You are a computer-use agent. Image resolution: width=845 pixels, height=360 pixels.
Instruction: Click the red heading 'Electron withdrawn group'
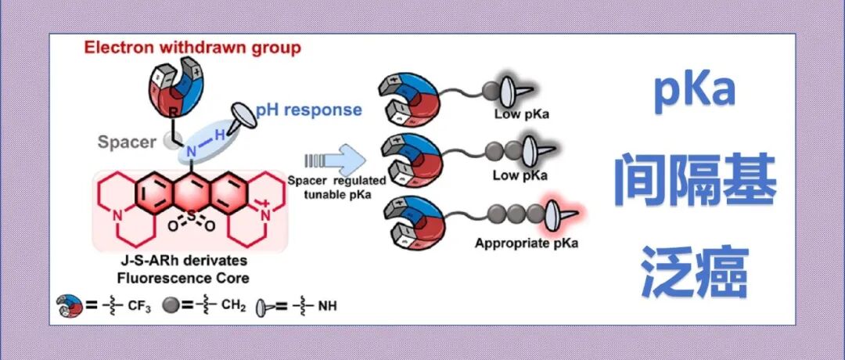click(x=192, y=49)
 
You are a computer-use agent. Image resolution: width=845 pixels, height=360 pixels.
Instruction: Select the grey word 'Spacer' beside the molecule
click(x=127, y=142)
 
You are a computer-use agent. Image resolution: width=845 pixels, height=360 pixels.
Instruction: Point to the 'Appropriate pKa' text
click(x=527, y=243)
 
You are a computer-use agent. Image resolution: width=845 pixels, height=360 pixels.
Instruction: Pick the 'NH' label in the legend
click(x=327, y=306)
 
